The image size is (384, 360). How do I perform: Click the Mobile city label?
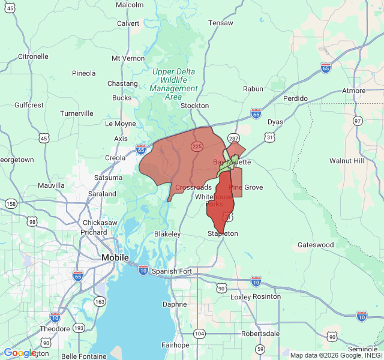tap(115, 257)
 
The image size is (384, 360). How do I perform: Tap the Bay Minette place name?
tap(232, 163)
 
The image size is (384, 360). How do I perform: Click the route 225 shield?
tap(197, 146)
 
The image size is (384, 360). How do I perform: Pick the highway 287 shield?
tap(233, 128)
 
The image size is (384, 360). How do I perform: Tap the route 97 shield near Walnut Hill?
tap(358, 121)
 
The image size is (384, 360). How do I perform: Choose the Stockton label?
tap(194, 106)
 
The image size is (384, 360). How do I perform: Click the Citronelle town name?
tap(33, 56)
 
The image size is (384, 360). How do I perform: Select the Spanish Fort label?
tap(172, 271)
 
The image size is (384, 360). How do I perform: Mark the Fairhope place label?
tap(176, 345)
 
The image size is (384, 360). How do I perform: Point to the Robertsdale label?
tap(261, 334)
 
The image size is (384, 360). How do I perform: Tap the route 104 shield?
tap(200, 333)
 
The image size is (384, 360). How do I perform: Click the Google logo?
tap(20, 353)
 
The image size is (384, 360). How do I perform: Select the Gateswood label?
tap(316, 245)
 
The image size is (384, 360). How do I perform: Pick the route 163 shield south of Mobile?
tap(100, 301)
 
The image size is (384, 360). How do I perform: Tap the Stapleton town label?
tap(223, 233)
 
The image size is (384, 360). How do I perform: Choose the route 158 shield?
tap(11, 204)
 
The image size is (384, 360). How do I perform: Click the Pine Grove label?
tap(246, 188)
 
